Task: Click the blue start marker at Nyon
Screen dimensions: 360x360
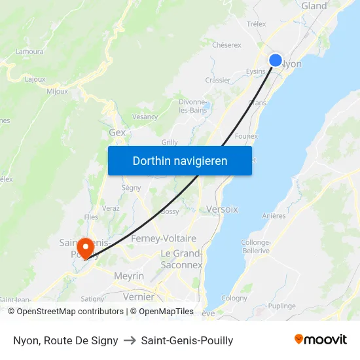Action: pyautogui.click(x=276, y=60)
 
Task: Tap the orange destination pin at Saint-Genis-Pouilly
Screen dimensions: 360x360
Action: pyautogui.click(x=85, y=248)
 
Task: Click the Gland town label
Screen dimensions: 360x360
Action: pyautogui.click(x=314, y=6)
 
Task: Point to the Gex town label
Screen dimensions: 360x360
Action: pyautogui.click(x=117, y=132)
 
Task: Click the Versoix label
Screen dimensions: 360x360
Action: pyautogui.click(x=222, y=209)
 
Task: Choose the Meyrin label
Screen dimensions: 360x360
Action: pyautogui.click(x=129, y=276)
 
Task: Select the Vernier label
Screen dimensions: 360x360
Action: pyautogui.click(x=139, y=297)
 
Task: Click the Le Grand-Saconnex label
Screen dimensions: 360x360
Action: pyautogui.click(x=182, y=259)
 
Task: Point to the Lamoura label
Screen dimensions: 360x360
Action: pyautogui.click(x=29, y=52)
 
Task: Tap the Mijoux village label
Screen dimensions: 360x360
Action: pyautogui.click(x=57, y=91)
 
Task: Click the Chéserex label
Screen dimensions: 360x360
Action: pyautogui.click(x=226, y=45)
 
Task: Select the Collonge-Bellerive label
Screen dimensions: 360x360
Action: pyautogui.click(x=255, y=246)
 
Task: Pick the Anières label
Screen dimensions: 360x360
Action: pyautogui.click(x=274, y=215)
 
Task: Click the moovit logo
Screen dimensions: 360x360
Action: pyautogui.click(x=320, y=339)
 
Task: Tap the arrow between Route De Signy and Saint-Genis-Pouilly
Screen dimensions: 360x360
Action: pyautogui.click(x=130, y=340)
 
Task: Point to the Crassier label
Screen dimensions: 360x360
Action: pyautogui.click(x=218, y=81)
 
